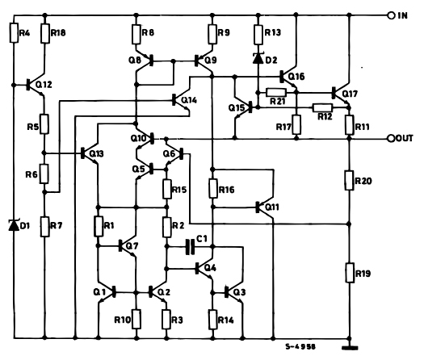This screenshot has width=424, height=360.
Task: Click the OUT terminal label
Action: point(406,137)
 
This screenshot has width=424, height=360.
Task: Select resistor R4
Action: point(14,33)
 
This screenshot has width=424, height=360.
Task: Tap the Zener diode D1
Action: point(14,224)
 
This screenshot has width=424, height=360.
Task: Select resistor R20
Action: point(349,182)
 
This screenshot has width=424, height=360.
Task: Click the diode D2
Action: point(258,58)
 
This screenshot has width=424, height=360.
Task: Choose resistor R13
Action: point(258,33)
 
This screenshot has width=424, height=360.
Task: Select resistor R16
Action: point(212,189)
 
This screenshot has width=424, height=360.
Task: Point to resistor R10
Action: point(136,320)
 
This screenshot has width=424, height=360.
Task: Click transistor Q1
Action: point(106,292)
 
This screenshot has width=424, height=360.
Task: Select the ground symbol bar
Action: point(350,349)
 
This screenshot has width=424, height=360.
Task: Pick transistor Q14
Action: point(179,101)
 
